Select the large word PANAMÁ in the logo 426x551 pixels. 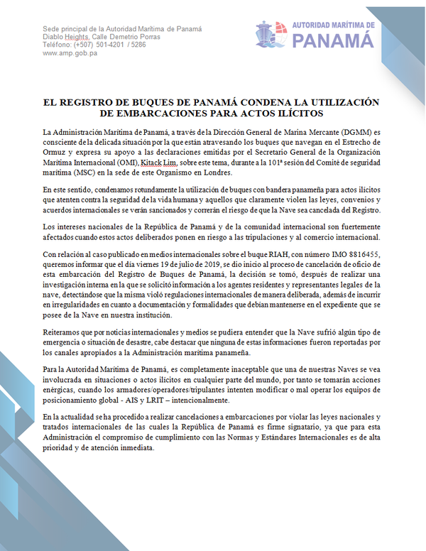tap(333, 40)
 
